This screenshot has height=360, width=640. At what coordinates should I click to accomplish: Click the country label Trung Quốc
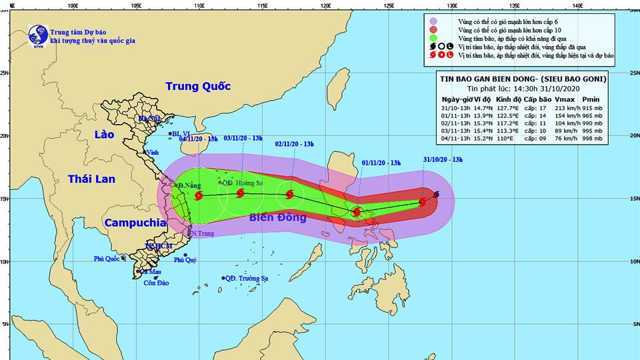click(197, 87)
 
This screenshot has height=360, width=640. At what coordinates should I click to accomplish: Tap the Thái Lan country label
click(93, 179)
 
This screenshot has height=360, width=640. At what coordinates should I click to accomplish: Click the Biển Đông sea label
click(277, 218)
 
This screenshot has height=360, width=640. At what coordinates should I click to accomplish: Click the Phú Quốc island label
click(107, 259)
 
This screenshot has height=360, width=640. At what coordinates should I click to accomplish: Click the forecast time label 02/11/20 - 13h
click(296, 143)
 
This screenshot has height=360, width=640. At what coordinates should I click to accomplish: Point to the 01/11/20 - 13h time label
click(382, 163)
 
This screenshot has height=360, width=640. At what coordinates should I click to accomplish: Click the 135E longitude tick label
click(514, 5)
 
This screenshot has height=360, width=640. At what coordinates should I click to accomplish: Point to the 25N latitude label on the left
click(5, 73)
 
